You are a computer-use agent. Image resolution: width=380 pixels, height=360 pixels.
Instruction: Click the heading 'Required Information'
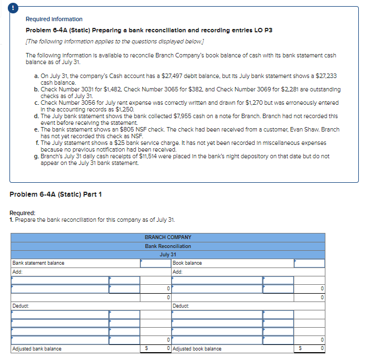pos(54,19)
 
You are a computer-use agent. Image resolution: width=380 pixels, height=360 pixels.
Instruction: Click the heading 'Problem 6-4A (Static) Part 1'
pos(56,193)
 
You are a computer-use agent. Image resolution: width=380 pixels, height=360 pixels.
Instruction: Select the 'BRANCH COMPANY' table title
pos(167,237)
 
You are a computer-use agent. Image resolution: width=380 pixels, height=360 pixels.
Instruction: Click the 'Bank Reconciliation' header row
pos(167,246)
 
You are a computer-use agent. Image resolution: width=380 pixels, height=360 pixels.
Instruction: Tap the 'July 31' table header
pos(167,254)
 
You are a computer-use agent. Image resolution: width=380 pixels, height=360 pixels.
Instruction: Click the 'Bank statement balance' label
pos(38,263)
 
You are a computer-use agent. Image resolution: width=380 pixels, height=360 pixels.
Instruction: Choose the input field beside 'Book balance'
pos(309,263)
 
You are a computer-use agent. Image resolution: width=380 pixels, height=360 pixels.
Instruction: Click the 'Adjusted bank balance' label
pos(37,349)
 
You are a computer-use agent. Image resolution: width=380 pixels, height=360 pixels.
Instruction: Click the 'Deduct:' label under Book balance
pos(181,306)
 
